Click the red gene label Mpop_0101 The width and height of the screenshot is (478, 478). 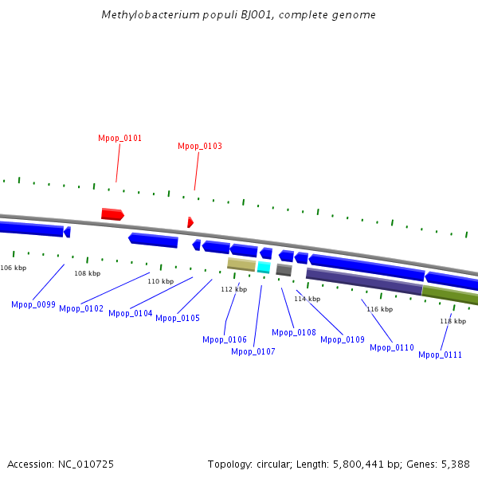coord(119,138)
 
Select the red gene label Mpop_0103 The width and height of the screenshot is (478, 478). coord(199,146)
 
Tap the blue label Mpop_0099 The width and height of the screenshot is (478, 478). coord(33,304)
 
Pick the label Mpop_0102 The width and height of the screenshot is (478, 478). coord(81,308)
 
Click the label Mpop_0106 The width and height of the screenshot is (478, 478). coord(225,339)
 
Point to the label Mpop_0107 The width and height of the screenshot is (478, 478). coord(253,351)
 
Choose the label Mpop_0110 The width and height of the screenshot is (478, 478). coord(392,347)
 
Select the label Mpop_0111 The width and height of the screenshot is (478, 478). coord(440,355)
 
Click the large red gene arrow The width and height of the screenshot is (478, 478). coord(112,214)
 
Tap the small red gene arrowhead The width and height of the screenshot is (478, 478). coord(190,222)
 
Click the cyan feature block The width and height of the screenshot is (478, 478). coord(264,268)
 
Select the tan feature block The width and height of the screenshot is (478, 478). coord(241,264)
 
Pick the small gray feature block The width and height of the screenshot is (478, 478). coord(284,270)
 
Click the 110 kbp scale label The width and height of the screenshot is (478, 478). coord(160,281)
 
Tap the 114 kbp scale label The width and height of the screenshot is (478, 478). coord(307,299)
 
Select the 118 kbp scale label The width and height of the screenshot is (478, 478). coord(453,321)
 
